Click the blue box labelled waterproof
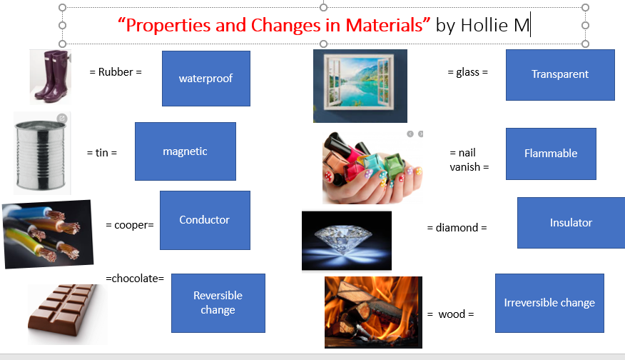tap(206, 79)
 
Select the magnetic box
tap(186, 151)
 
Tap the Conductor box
tap(205, 220)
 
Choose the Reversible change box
tap(218, 303)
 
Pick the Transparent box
tap(560, 74)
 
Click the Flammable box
tap(551, 154)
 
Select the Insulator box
tap(571, 223)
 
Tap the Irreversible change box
tap(549, 303)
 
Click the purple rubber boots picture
tap(51, 76)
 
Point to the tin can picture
tap(42, 154)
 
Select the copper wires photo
tap(48, 234)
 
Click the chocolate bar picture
tap(67, 314)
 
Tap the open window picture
tap(360, 86)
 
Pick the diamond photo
tap(347, 241)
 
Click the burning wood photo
tap(373, 312)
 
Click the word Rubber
tap(116, 72)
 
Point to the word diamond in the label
tap(457, 228)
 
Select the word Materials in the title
tap(384, 25)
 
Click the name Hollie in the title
tap(484, 25)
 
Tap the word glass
tap(467, 73)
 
